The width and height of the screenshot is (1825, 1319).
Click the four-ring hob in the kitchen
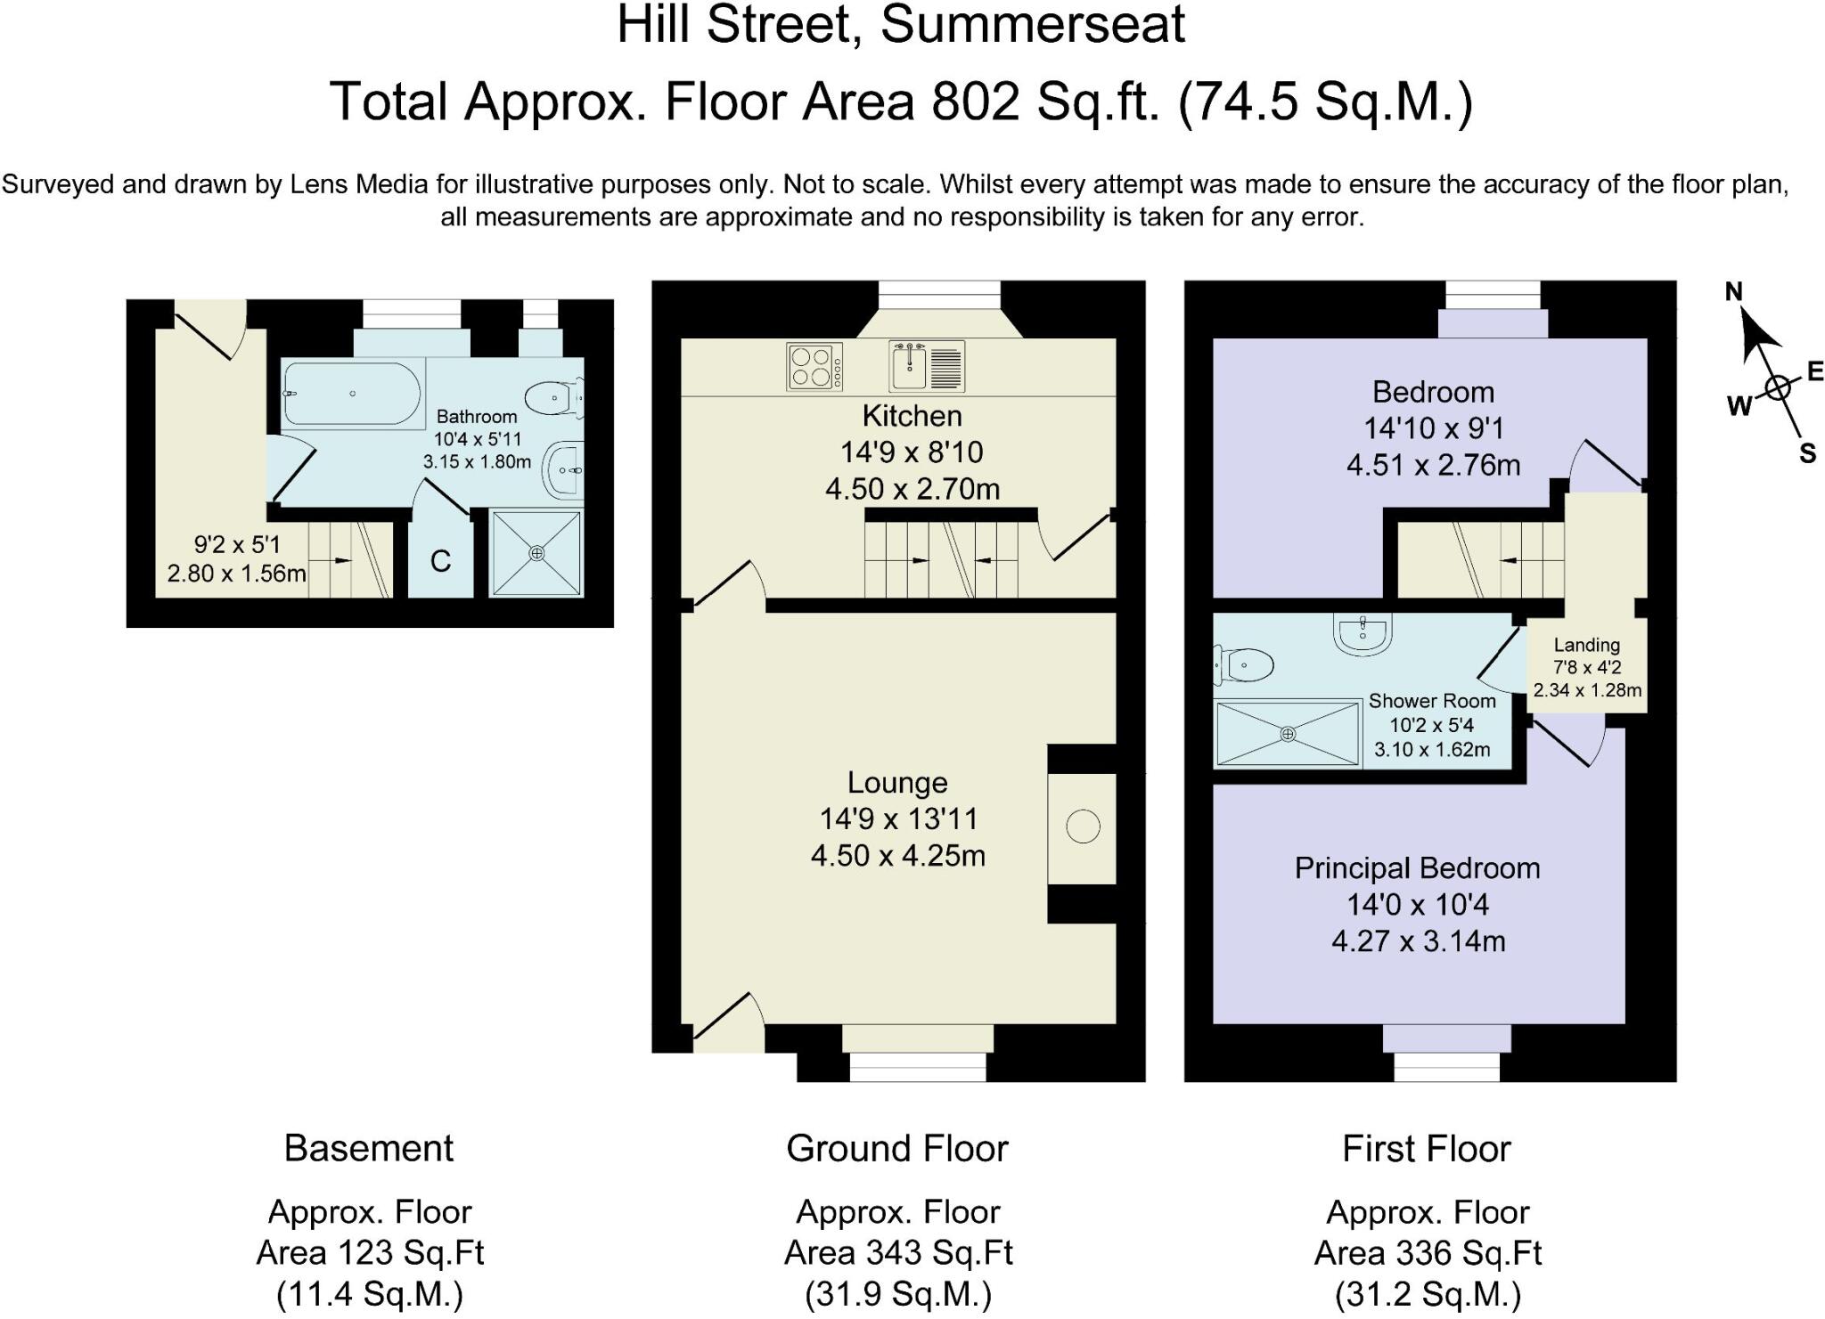[x=814, y=367]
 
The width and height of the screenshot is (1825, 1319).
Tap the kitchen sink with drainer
[x=927, y=367]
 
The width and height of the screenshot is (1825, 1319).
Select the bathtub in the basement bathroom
[x=351, y=394]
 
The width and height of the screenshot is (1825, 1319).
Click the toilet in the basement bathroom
[x=554, y=398]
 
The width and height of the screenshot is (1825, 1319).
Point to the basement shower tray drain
[x=536, y=553]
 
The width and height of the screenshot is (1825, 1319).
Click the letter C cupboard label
[x=440, y=561]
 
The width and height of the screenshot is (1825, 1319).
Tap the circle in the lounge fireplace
[x=1083, y=826]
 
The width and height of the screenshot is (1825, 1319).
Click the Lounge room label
[x=897, y=783]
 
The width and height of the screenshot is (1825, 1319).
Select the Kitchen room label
[x=912, y=416]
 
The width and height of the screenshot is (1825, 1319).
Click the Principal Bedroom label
[x=1417, y=868]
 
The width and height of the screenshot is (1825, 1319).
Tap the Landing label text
[x=1586, y=645]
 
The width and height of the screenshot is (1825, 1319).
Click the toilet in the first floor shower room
[x=1243, y=664]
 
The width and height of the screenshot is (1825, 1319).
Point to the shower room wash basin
[x=1363, y=632]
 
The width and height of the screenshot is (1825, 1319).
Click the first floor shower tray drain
[x=1288, y=734]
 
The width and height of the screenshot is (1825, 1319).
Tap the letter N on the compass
[x=1733, y=292]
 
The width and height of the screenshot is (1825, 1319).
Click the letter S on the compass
[x=1807, y=453]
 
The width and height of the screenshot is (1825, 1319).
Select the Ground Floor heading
[x=897, y=1149]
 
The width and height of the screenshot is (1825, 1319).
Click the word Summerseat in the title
[x=1033, y=25]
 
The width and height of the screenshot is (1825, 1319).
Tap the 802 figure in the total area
[x=976, y=102]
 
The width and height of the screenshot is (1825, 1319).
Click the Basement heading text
[x=369, y=1149]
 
